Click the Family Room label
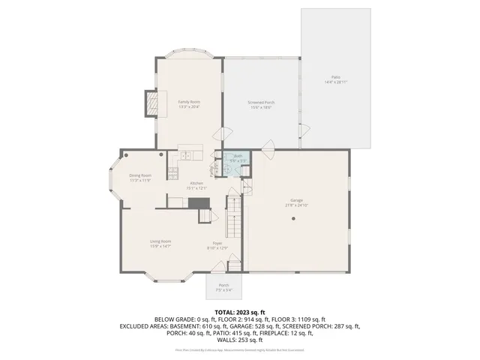[x=188, y=101]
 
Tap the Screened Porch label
[x=260, y=102]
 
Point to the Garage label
[x=296, y=200]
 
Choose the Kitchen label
[x=196, y=184]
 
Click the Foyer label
[x=217, y=243]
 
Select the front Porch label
[x=223, y=285]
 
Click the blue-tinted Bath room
[x=234, y=163]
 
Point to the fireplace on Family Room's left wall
[x=152, y=103]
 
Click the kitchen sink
[x=186, y=155]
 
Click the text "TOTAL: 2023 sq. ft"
[x=240, y=311]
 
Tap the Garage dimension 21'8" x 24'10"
[x=296, y=205]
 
